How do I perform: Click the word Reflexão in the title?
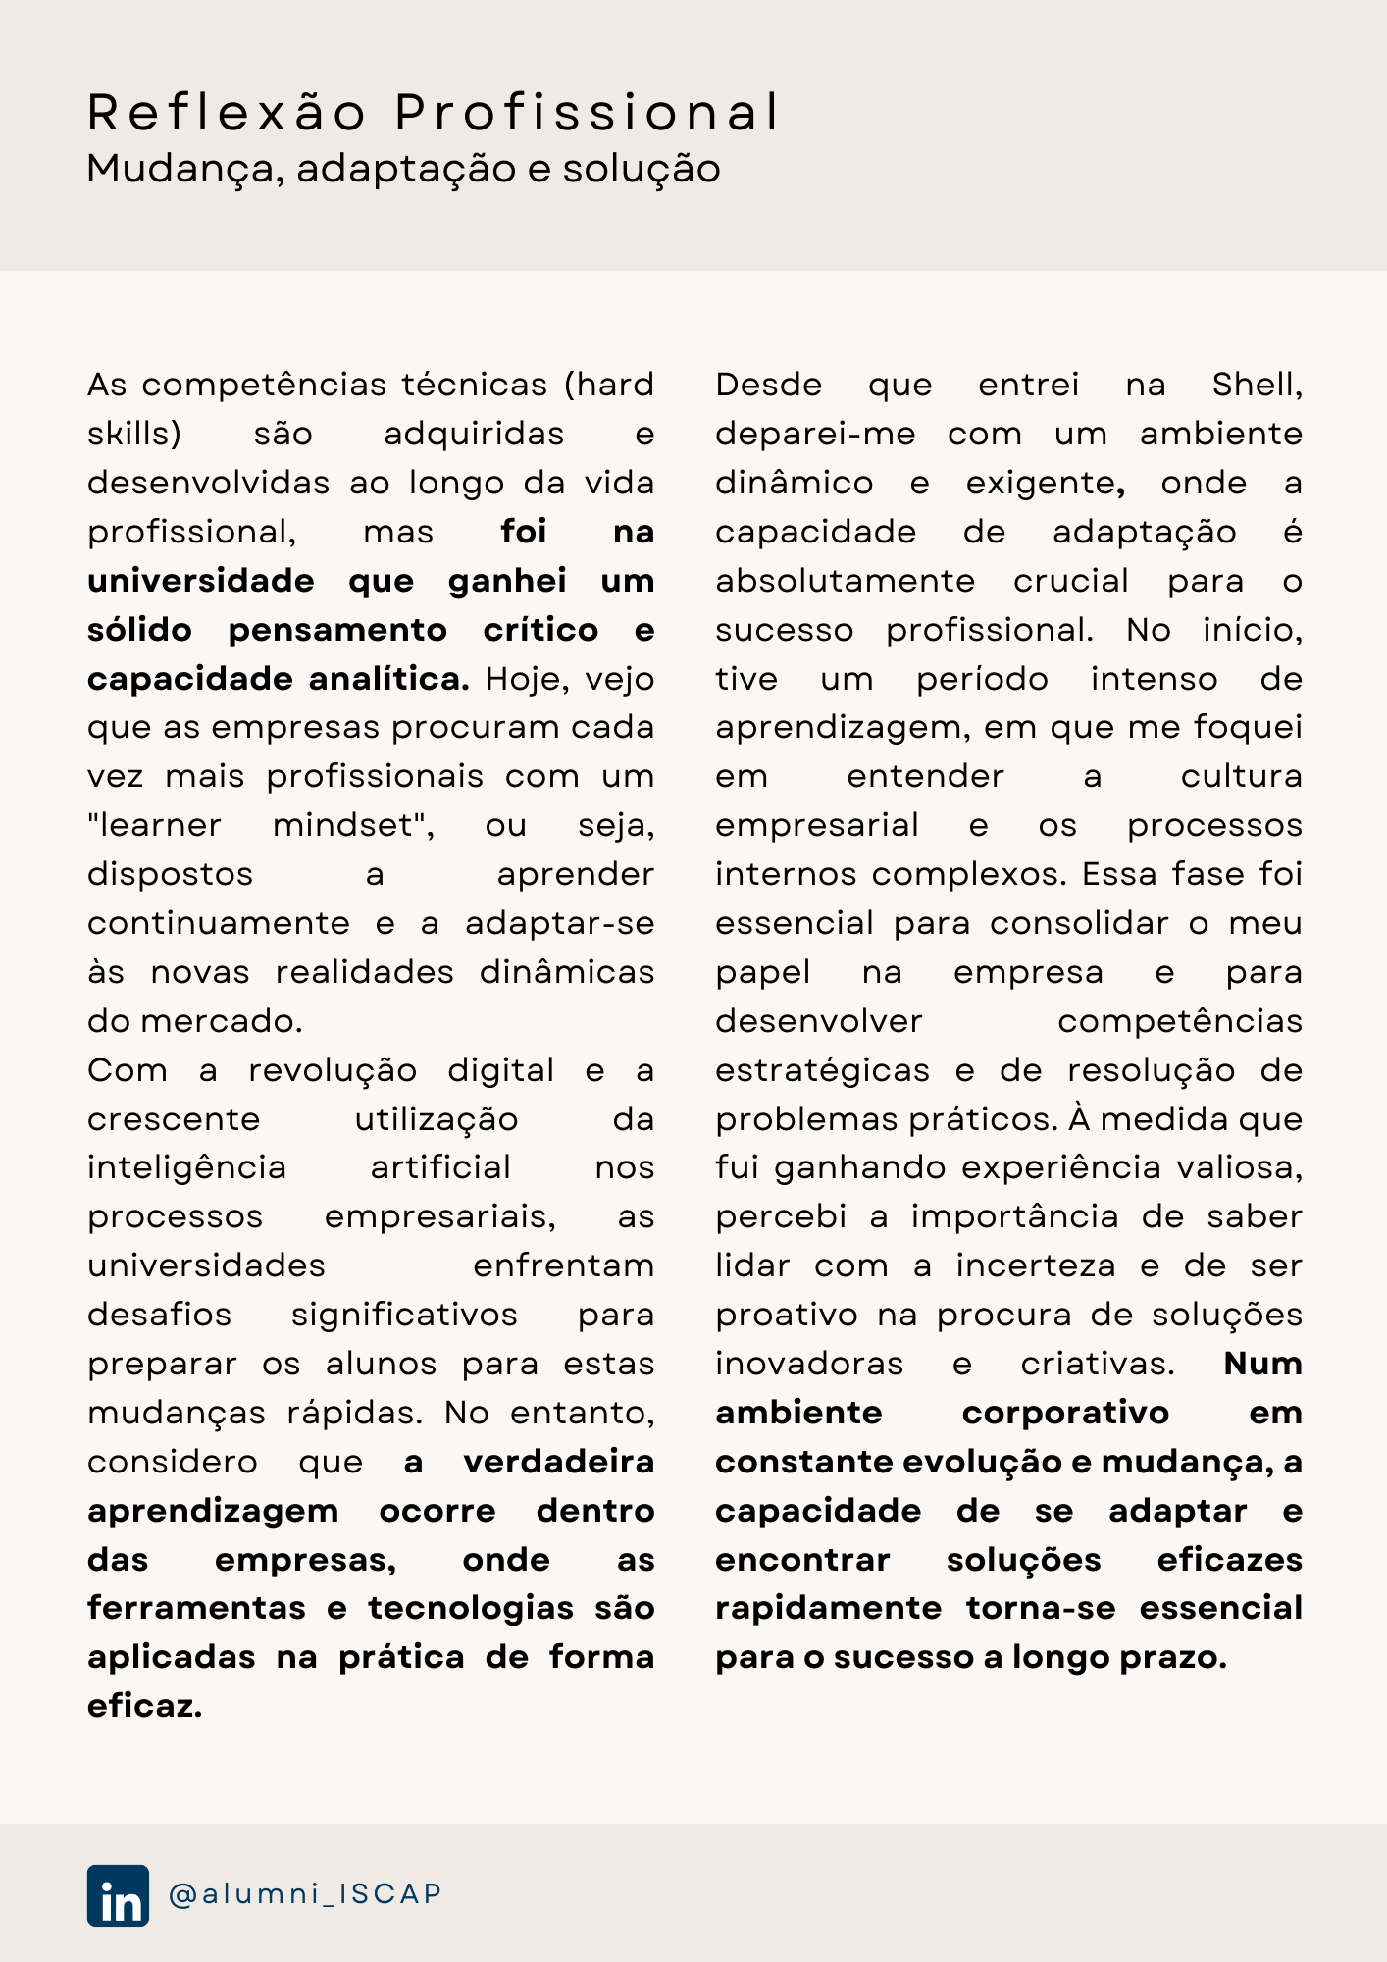[x=227, y=112]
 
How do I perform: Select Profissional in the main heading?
[x=587, y=112]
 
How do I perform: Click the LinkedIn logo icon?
[x=118, y=1895]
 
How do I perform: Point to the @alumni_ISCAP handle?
[x=305, y=1893]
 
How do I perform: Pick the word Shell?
[x=1257, y=385]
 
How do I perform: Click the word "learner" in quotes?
[x=154, y=825]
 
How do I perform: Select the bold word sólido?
[x=139, y=630]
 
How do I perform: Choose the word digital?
[x=501, y=1070]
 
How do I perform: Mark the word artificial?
[x=440, y=1167]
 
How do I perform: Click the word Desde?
[x=768, y=385]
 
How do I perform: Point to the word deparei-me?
[x=815, y=434]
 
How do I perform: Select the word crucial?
[x=1071, y=581]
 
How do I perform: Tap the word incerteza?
[x=1036, y=1265]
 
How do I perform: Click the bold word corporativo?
[x=1065, y=1413]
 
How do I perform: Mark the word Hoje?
[x=528, y=679]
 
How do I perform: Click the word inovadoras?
[x=809, y=1364]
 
